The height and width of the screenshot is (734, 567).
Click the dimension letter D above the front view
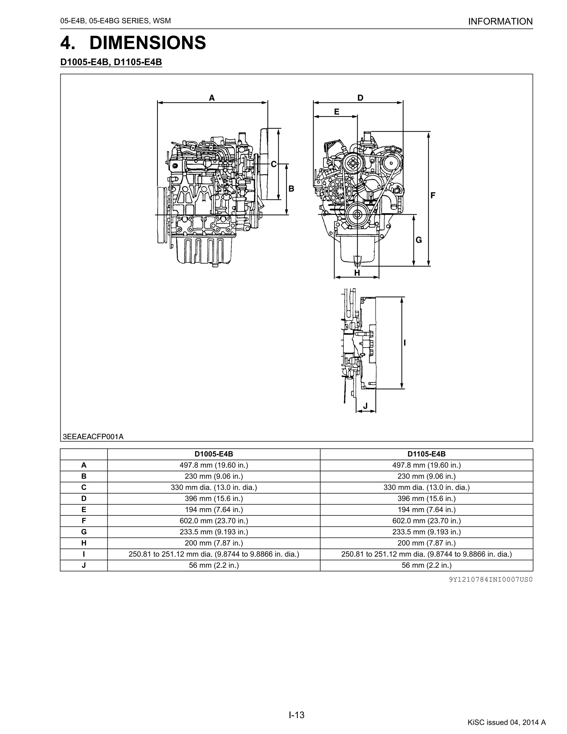pos(360,98)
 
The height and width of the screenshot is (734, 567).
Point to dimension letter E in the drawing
pos(337,112)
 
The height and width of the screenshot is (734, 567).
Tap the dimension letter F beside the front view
pos(433,195)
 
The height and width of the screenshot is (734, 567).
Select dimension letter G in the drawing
pos(419,240)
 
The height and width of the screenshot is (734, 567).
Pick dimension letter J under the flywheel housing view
pos(365,406)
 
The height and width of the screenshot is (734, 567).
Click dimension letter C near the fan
pos(274,164)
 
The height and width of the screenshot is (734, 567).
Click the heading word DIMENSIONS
pos(148,43)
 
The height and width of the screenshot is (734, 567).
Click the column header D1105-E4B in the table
pos(426,454)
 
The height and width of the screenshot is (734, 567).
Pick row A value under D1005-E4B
pos(214,465)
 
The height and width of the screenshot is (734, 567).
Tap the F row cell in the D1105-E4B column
pos(426,521)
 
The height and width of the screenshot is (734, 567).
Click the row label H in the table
pos(84,543)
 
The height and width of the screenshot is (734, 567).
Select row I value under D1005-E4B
pos(214,554)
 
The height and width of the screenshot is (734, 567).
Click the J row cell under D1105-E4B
pos(426,565)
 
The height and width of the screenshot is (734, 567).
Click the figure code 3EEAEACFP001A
pos(93,437)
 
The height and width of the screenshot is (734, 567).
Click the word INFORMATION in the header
pos(500,22)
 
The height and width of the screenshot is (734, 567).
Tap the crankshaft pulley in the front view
pos(357,214)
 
